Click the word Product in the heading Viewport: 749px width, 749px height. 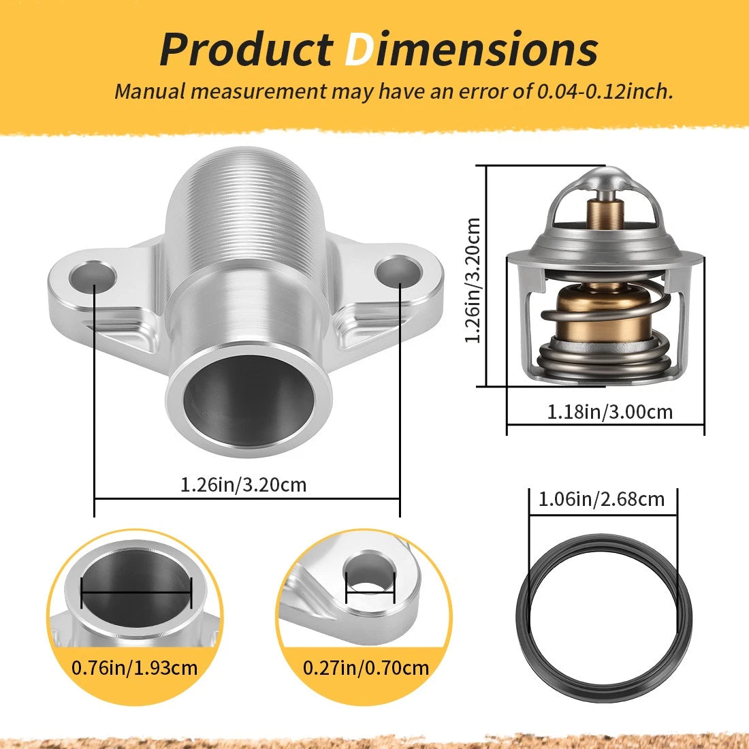[246, 49]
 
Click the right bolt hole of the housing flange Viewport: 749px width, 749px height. [398, 271]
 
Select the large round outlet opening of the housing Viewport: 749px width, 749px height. [249, 400]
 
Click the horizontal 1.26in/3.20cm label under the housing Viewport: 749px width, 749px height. [243, 485]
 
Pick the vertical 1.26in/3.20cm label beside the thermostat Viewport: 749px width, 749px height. [473, 281]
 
